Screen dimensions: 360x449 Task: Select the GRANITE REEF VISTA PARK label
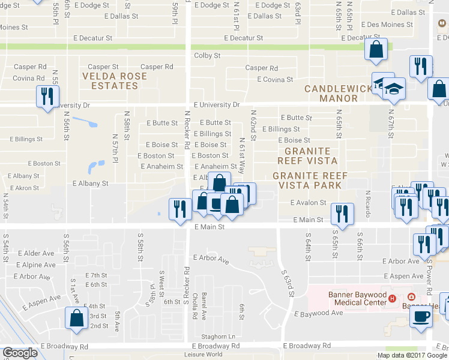[x=307, y=180]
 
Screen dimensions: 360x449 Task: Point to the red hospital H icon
[x=392, y=298]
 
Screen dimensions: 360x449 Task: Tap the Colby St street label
[x=207, y=56]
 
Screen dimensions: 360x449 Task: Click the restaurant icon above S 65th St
[x=342, y=214]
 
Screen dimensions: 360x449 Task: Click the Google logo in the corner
[x=20, y=353]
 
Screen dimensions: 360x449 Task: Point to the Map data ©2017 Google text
[x=412, y=355]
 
